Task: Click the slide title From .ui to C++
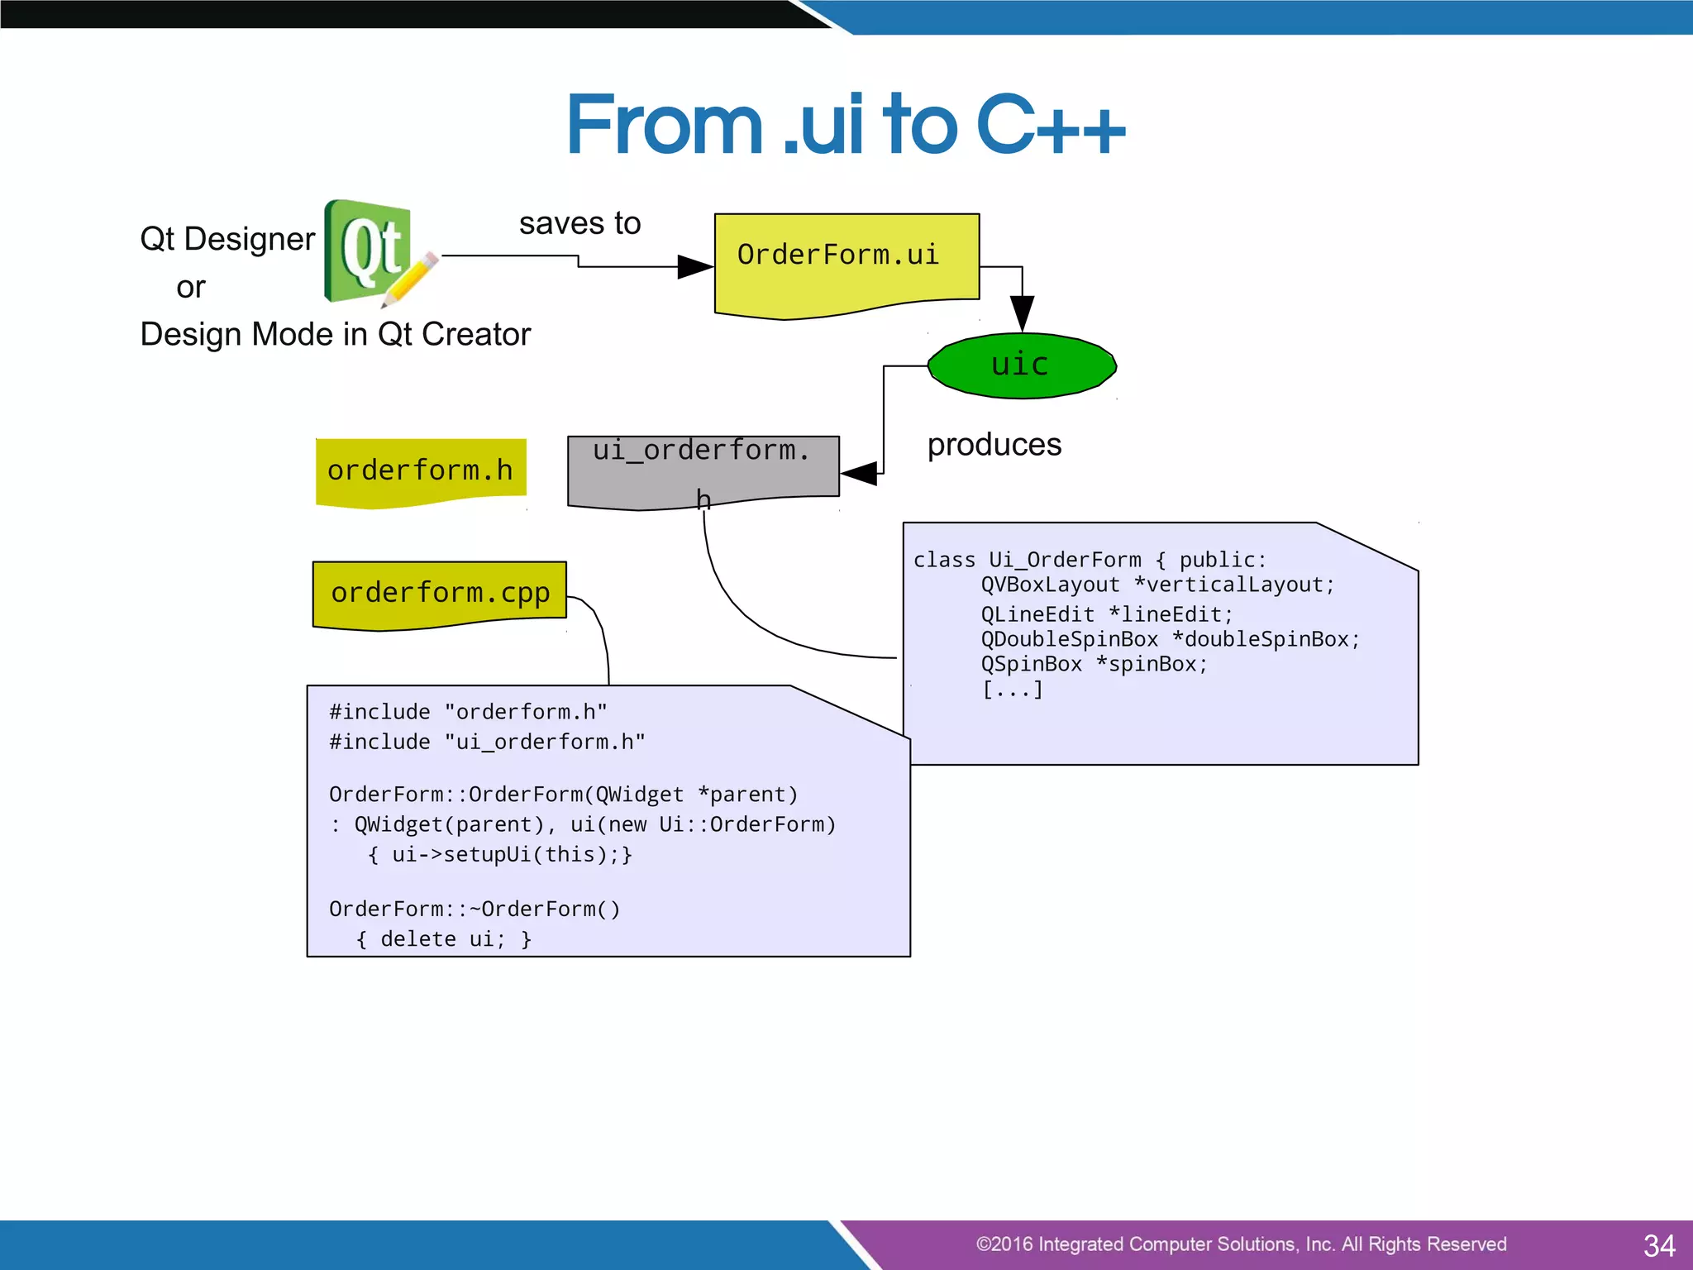pos(845,126)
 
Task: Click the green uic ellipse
pos(1022,365)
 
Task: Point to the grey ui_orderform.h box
pos(703,470)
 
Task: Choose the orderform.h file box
pos(420,470)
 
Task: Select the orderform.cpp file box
pos(440,593)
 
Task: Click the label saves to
pos(579,223)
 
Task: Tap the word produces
pos(994,445)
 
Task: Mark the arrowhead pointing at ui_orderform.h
pos(859,474)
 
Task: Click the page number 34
pos(1658,1245)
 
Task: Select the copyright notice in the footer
pos(1240,1244)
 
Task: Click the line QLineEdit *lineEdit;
pos(1106,614)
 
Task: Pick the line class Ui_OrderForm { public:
pos(1090,560)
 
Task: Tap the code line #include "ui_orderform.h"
pos(487,742)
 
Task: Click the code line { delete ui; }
pos(444,939)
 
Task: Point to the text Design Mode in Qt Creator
pos(335,335)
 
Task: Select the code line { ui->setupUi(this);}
pos(500,854)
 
